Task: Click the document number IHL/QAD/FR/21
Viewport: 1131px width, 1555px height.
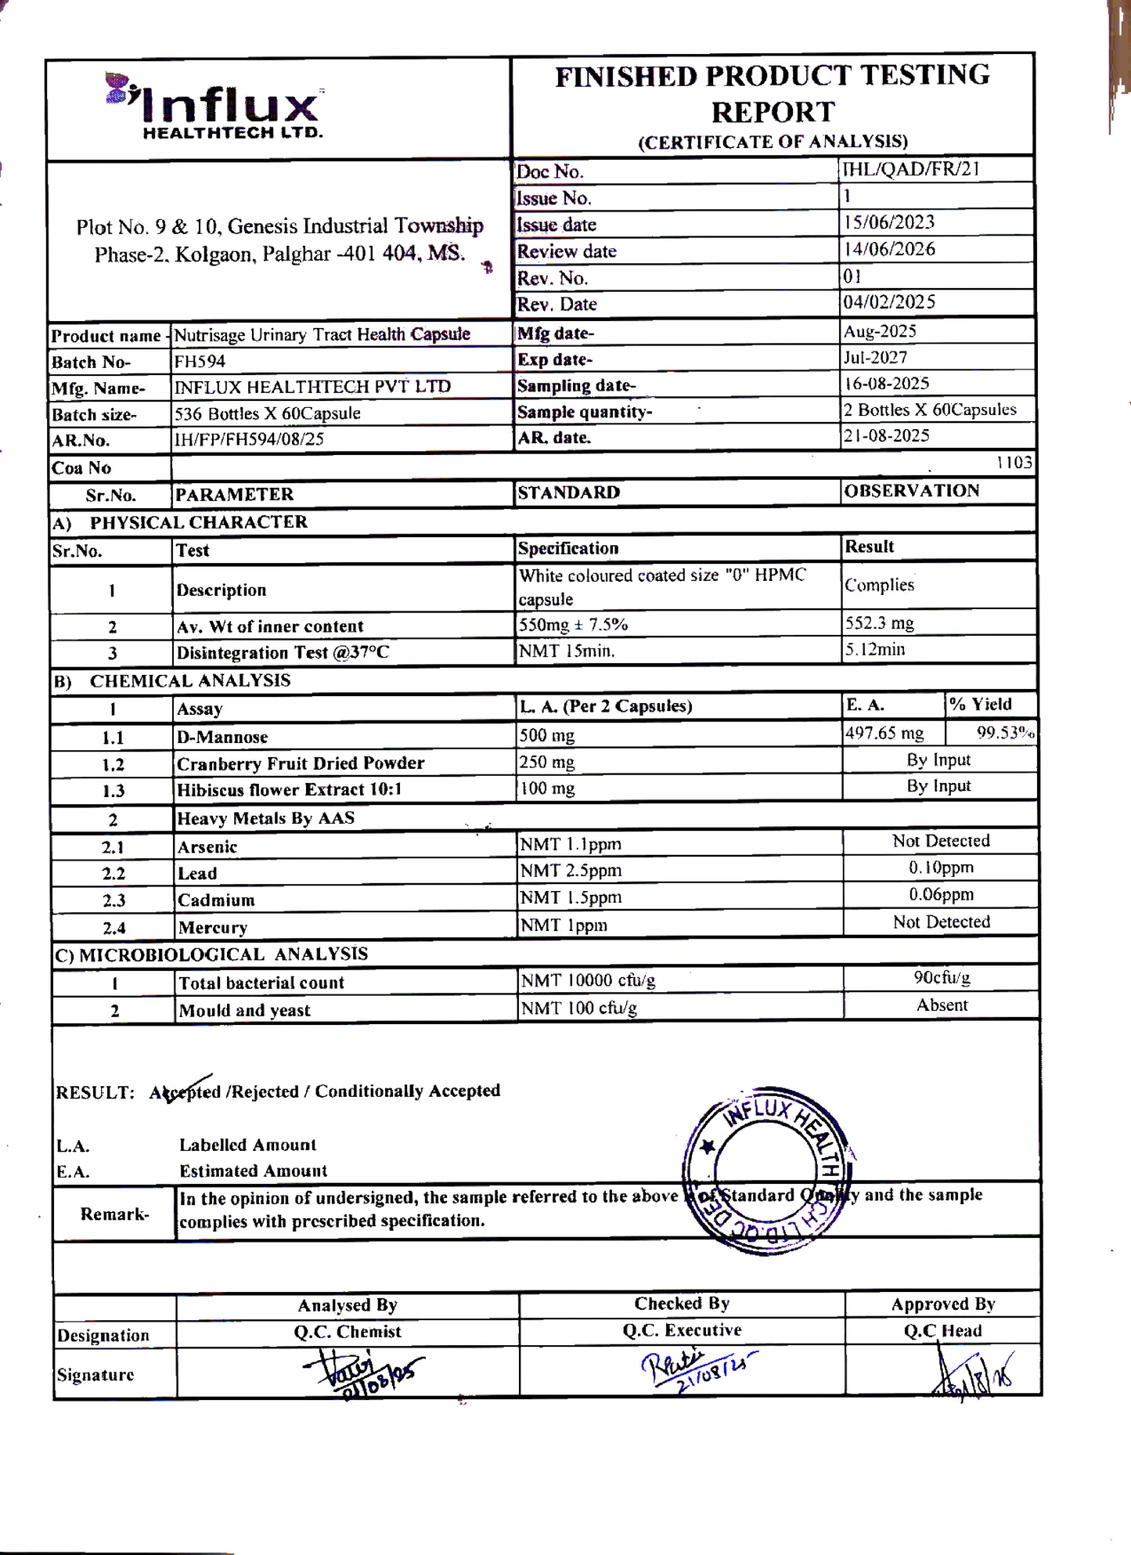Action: tap(910, 169)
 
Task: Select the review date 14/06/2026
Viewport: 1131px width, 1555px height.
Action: tap(889, 249)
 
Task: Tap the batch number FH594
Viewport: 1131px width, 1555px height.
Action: tap(200, 361)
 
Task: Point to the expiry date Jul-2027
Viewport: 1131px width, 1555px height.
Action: tap(875, 357)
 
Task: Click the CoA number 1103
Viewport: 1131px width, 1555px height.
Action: tap(1014, 462)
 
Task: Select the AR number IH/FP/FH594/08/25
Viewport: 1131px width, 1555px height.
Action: tap(249, 438)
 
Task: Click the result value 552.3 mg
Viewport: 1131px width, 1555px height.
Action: tap(879, 623)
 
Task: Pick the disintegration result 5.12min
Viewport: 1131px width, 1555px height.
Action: tap(874, 649)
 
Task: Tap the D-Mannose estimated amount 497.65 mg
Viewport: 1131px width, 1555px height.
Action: tap(884, 733)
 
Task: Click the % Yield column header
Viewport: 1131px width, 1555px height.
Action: tap(981, 704)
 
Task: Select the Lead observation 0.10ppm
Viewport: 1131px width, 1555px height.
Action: tap(941, 868)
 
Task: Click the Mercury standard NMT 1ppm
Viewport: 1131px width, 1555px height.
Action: tap(564, 925)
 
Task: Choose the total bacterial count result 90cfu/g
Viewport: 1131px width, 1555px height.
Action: tap(942, 977)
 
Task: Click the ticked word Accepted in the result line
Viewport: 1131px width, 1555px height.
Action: tap(185, 1091)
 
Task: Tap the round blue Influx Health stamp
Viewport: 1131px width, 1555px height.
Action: tap(768, 1170)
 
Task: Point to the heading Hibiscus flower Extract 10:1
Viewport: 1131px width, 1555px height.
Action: tap(289, 789)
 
